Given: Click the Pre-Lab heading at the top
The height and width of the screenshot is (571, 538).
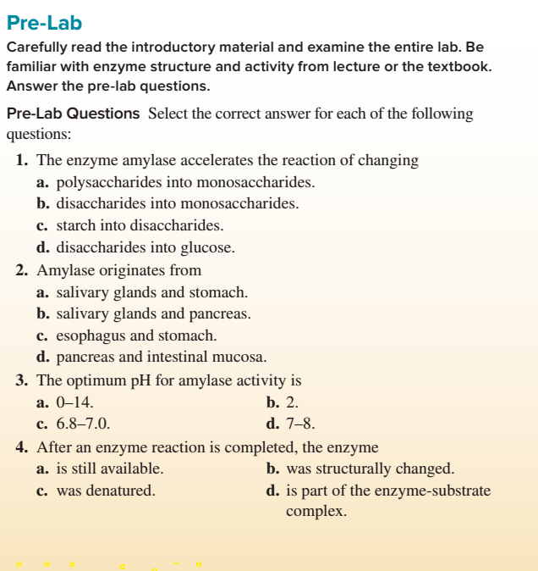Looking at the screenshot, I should point(44,22).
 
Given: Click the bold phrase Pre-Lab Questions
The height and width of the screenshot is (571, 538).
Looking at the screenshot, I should point(73,114).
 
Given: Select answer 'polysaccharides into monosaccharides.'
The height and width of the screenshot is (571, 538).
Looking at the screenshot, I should point(185,182).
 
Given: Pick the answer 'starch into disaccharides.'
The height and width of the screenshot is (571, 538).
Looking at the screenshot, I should point(140,226).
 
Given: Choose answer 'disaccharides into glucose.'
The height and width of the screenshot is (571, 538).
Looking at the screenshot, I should point(145,248).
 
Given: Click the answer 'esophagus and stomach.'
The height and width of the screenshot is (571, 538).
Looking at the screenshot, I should point(136,336).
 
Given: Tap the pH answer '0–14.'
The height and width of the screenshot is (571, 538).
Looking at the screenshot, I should point(74,402).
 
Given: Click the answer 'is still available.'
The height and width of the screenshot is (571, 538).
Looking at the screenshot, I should point(110,468).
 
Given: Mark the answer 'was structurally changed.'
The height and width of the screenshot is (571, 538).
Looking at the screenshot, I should point(371,468).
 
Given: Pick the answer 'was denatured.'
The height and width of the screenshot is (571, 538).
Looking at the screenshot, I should point(106,491).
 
